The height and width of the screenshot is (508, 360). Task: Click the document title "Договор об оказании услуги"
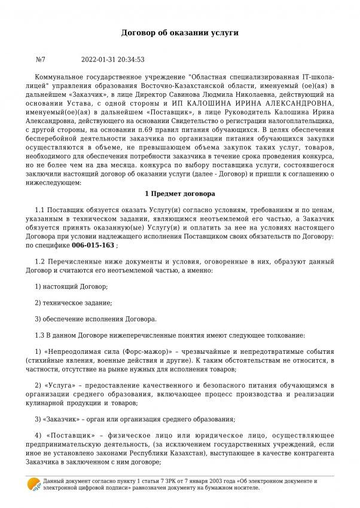pyautogui.click(x=180, y=33)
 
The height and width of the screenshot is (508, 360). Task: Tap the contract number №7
pyautogui.click(x=41, y=59)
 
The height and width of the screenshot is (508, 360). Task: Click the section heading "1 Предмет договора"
pyautogui.click(x=179, y=195)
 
